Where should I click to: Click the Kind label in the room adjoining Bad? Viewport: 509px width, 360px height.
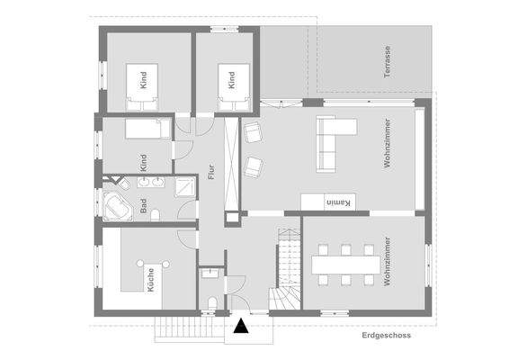pos(143,162)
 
